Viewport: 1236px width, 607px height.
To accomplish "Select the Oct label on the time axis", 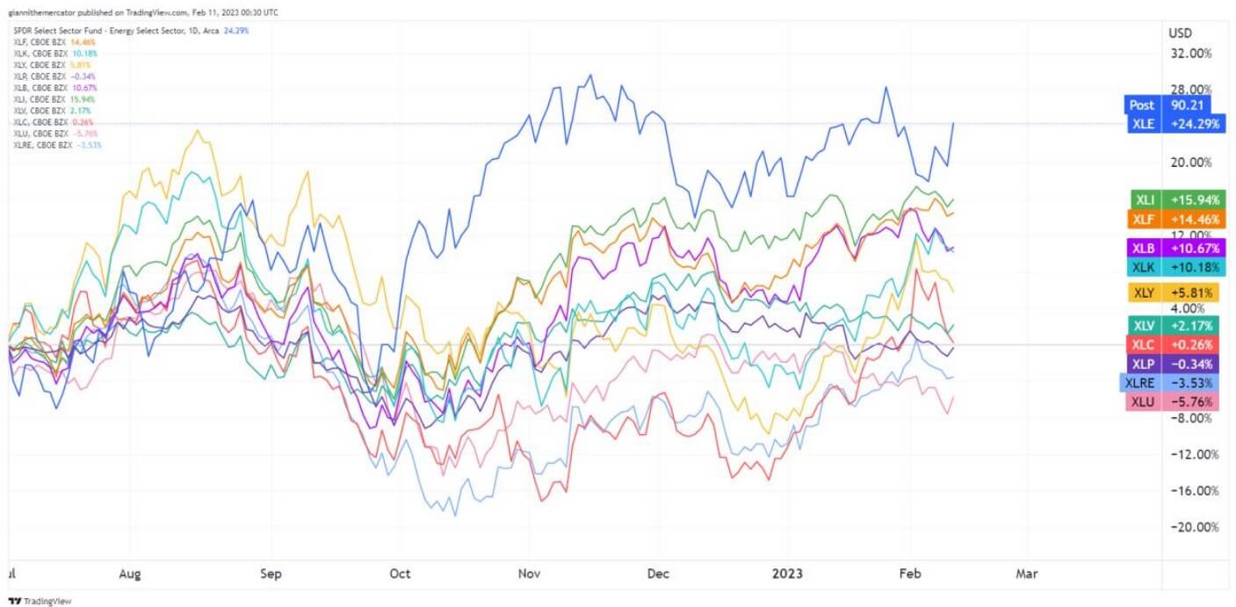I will pos(400,574).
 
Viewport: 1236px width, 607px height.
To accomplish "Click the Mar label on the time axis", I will pos(1026,574).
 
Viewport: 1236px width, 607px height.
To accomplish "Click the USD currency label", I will pos(1179,33).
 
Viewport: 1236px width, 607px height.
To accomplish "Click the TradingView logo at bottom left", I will pos(41,601).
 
